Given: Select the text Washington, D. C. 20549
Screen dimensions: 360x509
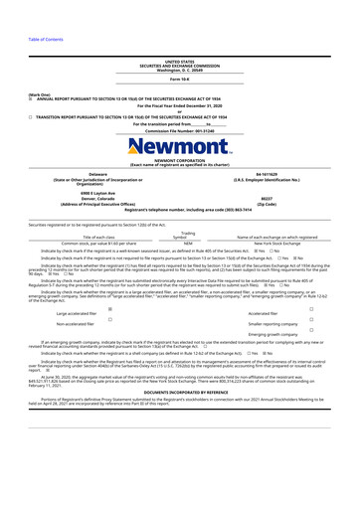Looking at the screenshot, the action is [180, 42].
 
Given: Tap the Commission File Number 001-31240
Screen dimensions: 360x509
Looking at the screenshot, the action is [180, 130].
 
